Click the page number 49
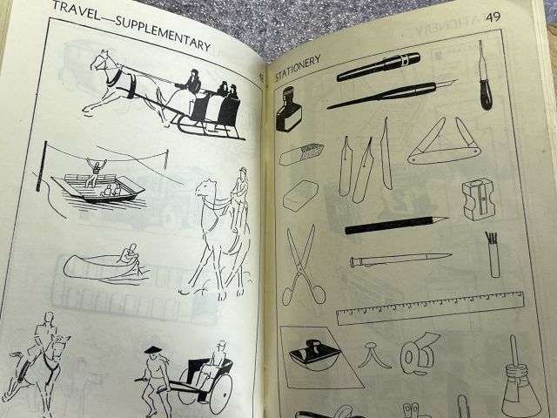point(493,17)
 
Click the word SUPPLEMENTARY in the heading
point(165,32)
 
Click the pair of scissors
point(304,263)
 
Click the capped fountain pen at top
point(379,65)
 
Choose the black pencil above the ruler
point(396,226)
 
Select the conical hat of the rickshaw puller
point(155,350)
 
